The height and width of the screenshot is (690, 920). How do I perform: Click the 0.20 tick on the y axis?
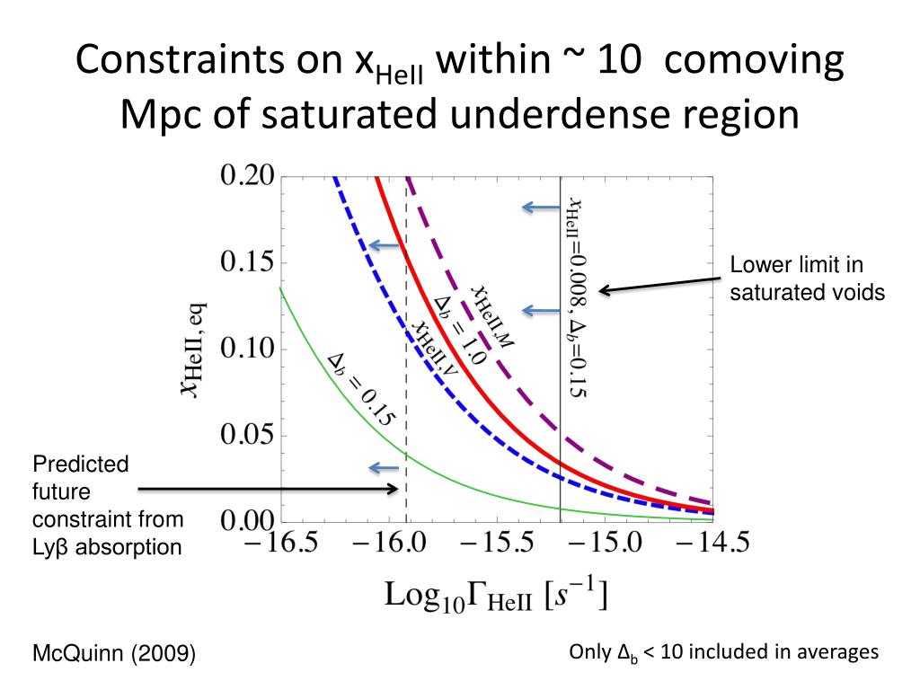coord(247,176)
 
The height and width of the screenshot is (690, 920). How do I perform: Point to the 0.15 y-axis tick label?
coord(247,263)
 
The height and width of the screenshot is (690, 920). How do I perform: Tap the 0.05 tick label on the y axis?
coord(247,437)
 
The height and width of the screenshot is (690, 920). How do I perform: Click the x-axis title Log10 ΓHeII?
coord(497,595)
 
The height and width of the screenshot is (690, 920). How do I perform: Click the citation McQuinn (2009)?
coord(114,653)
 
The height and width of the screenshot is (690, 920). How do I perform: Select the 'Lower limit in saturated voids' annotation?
coord(807,279)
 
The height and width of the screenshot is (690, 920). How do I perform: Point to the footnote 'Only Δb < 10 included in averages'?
coord(724,652)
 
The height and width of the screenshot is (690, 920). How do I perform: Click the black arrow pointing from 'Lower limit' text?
coord(661,284)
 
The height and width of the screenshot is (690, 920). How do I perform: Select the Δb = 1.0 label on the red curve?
coord(459,330)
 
